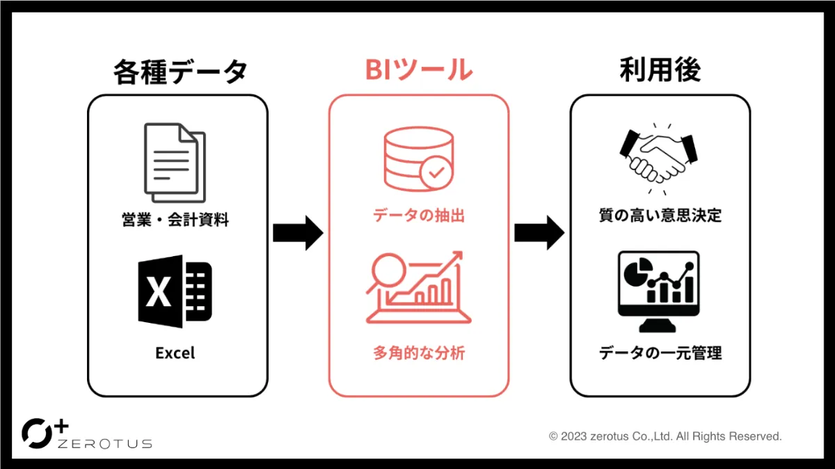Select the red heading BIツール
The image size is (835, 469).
click(418, 70)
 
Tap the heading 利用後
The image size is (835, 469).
click(660, 70)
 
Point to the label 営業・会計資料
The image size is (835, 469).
click(175, 221)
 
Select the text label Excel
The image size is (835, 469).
click(175, 353)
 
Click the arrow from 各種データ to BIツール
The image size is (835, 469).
click(298, 233)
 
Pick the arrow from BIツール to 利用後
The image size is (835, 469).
click(539, 233)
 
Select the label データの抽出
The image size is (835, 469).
click(418, 216)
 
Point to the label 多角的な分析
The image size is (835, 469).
click(418, 353)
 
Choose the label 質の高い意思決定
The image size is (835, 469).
click(660, 216)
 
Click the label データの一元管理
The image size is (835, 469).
click(660, 353)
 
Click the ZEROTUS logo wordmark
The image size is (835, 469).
click(104, 443)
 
